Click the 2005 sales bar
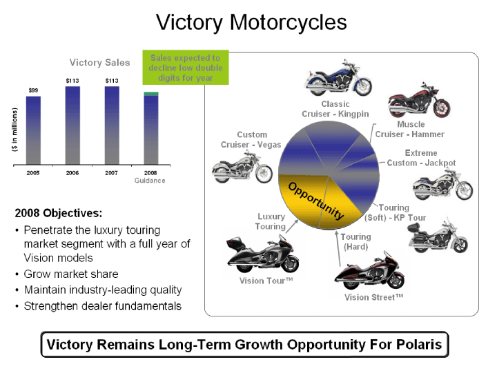point(33,130)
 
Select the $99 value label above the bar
point(33,90)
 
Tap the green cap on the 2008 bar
point(151,94)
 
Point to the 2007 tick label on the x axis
point(112,173)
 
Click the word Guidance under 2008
point(150,181)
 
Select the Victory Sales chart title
point(100,62)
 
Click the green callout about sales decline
point(186,68)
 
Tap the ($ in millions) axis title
point(14,130)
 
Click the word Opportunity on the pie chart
point(316,201)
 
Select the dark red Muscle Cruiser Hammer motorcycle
point(419,100)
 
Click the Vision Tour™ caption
point(266,281)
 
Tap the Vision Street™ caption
point(373,297)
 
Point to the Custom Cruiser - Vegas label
point(251,140)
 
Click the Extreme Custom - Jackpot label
point(421,158)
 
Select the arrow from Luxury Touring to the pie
point(292,226)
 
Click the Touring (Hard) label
point(355,242)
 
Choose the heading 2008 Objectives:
point(59,213)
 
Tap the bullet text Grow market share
point(71,274)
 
